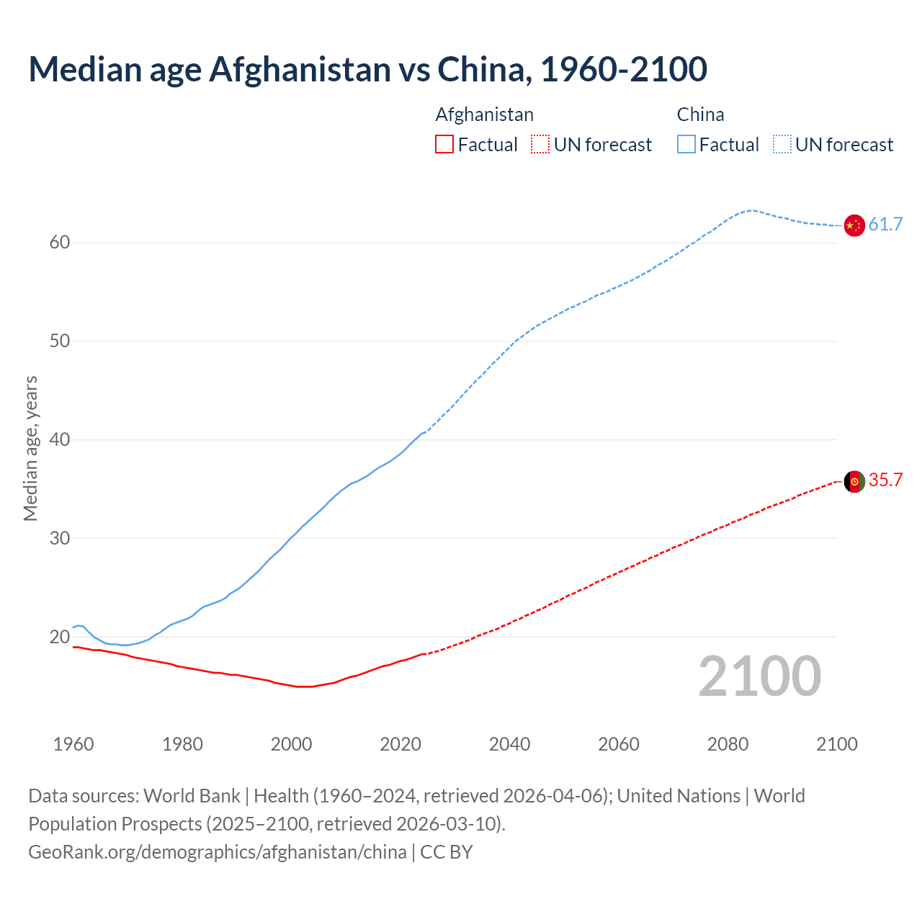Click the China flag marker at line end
tap(854, 225)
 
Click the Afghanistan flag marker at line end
tap(854, 481)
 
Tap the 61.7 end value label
tap(885, 225)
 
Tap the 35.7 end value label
tap(885, 480)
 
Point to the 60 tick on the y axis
tap(60, 243)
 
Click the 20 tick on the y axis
tap(60, 637)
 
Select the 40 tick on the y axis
tap(60, 439)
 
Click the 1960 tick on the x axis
tap(73, 744)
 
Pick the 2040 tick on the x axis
tap(509, 744)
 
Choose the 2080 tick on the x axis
tap(728, 744)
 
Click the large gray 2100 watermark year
tap(759, 676)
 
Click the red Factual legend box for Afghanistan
tap(444, 145)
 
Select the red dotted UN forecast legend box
tap(540, 145)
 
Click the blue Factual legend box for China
tap(686, 145)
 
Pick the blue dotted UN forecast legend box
tap(782, 145)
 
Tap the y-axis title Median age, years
tap(30, 448)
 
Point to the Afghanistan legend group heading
tap(485, 115)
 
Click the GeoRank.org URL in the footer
tap(217, 852)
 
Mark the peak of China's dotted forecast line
tap(751, 210)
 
